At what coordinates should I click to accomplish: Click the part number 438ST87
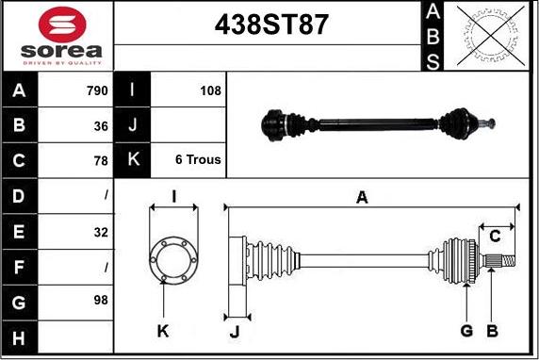coord(271,25)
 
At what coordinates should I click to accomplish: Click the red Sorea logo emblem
coord(62,25)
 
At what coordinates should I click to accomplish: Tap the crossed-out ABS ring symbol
coord(491,36)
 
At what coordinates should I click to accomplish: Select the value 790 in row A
coord(97,90)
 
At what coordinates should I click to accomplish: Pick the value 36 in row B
coord(101,126)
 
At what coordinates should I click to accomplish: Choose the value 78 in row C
coord(101,160)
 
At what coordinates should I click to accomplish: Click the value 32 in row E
coord(101,233)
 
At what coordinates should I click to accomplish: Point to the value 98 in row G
coord(101,300)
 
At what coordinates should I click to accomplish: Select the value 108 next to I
coord(210,90)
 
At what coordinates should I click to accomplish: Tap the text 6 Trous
coord(198,159)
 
